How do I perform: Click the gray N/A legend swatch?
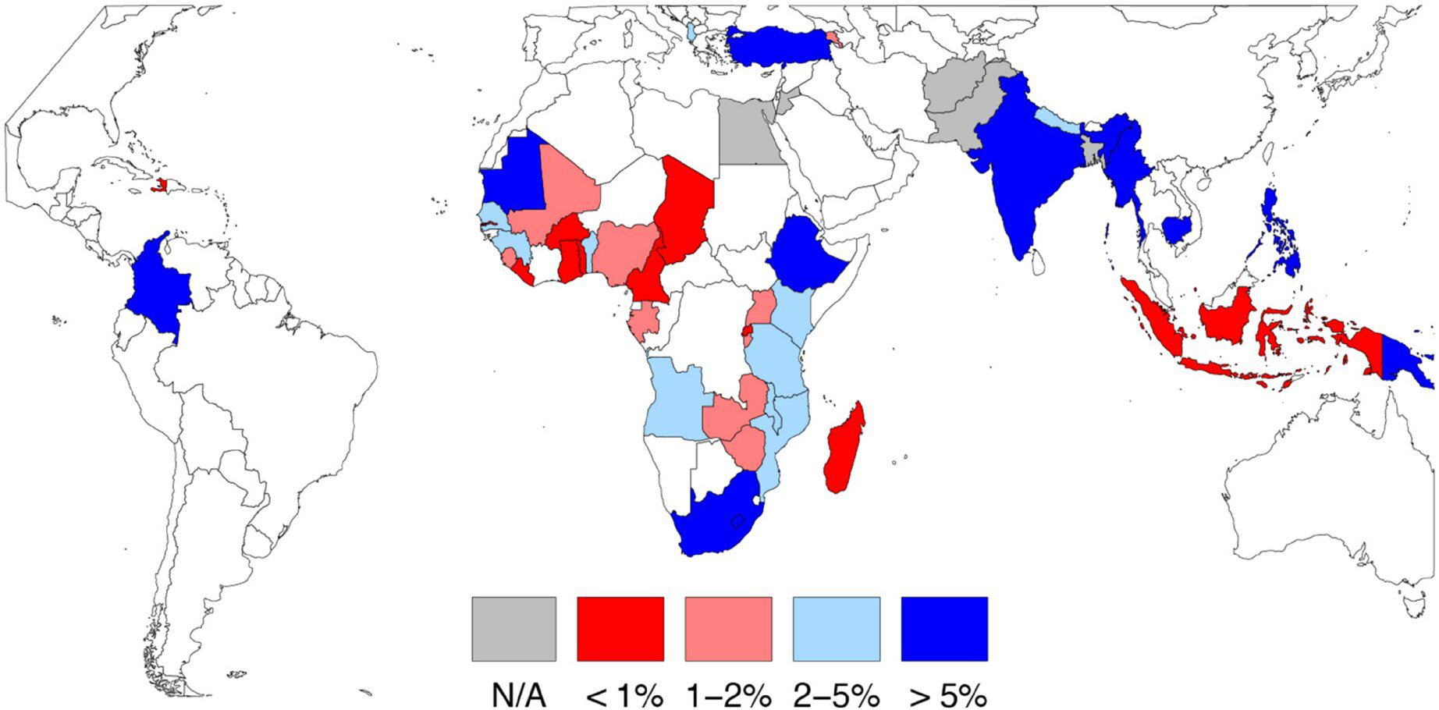[513, 629]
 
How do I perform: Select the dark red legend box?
[620, 629]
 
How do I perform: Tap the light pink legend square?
[728, 629]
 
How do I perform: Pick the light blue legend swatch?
[836, 629]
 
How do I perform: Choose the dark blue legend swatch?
[944, 629]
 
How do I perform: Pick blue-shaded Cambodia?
[1180, 229]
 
